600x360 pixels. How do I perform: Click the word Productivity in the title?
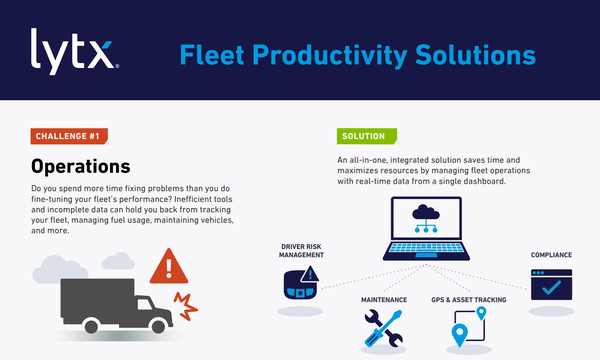(329, 56)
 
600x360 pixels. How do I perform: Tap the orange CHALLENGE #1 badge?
(69, 136)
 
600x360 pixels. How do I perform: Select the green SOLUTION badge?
(367, 136)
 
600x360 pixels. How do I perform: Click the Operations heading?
(81, 166)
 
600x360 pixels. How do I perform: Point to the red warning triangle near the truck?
(169, 267)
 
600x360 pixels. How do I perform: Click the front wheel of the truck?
(158, 326)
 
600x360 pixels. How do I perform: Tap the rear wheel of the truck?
(91, 326)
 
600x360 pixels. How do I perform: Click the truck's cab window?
(145, 304)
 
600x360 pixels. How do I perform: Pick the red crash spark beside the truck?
(186, 306)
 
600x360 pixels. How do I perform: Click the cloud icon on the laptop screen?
(426, 218)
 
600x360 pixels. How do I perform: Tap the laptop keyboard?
(426, 248)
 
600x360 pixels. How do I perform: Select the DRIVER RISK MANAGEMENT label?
(301, 251)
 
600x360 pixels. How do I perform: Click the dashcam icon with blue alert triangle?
(301, 283)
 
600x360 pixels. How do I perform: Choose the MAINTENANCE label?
(384, 300)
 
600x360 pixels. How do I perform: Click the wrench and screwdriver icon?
(383, 328)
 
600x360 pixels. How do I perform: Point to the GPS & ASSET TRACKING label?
(469, 300)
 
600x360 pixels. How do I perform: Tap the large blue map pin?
(460, 334)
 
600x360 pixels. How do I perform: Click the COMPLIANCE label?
(551, 255)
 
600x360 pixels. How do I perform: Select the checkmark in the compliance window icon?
(551, 287)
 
